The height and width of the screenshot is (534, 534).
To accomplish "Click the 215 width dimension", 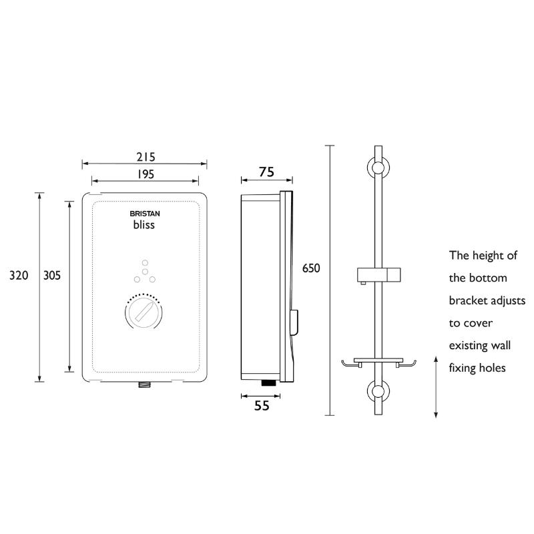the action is click(146, 157).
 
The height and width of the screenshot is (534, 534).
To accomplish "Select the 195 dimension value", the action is click(146, 174).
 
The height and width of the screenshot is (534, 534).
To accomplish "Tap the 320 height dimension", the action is click(19, 275).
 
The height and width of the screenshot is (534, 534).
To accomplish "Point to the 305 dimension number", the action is click(52, 275).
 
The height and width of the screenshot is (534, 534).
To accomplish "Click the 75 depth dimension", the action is click(266, 172).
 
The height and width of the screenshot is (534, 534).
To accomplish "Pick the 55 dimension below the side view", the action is click(262, 406).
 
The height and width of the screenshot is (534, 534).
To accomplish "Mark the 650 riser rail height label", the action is click(311, 268).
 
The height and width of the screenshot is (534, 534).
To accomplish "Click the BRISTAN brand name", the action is click(145, 214).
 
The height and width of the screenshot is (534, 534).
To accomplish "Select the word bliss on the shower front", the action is click(144, 225).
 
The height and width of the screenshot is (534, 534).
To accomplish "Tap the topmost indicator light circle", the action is click(145, 262).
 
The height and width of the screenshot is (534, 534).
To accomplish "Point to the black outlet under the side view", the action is click(269, 382).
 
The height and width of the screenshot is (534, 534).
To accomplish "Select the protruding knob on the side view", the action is click(294, 322).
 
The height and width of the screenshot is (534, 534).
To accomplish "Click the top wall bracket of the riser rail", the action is click(378, 168).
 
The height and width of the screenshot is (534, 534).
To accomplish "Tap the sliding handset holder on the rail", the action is click(378, 275).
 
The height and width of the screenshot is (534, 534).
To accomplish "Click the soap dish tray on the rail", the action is click(378, 363).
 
